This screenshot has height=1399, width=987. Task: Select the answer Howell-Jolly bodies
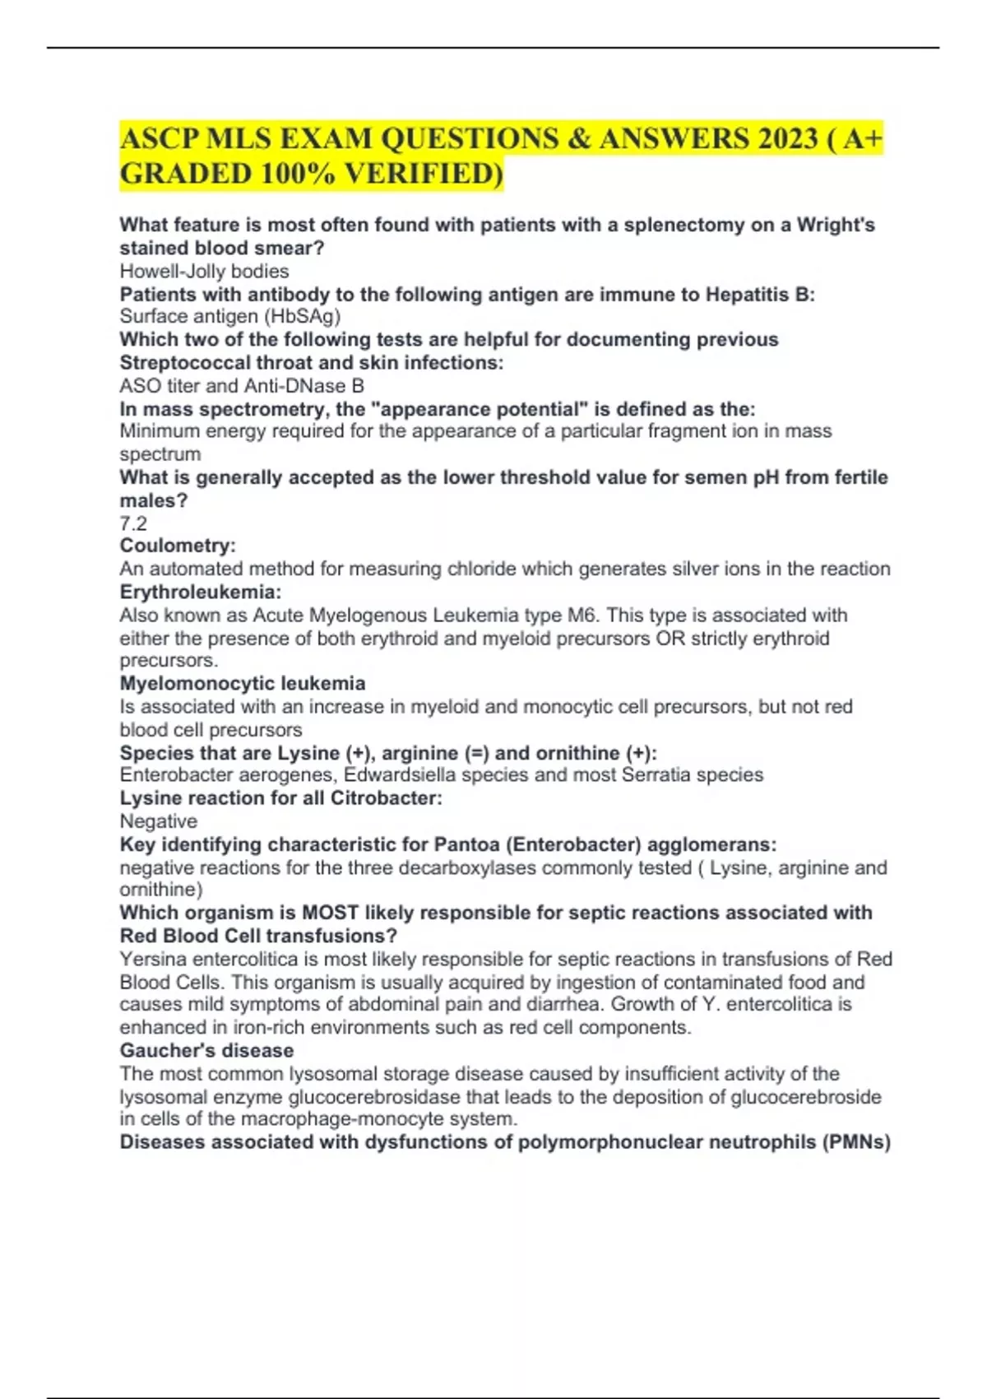(x=204, y=271)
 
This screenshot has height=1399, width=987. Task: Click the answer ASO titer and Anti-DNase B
(x=242, y=385)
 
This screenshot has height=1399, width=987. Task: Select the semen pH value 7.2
(x=133, y=523)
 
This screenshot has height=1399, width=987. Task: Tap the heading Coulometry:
(x=178, y=546)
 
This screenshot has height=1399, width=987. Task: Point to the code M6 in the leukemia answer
(x=582, y=615)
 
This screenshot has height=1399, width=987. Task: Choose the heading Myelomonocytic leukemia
(x=243, y=683)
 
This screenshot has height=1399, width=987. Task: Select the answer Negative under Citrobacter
(x=159, y=820)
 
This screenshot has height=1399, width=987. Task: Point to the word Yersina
(x=153, y=959)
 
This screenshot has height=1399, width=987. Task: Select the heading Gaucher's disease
(x=206, y=1050)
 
